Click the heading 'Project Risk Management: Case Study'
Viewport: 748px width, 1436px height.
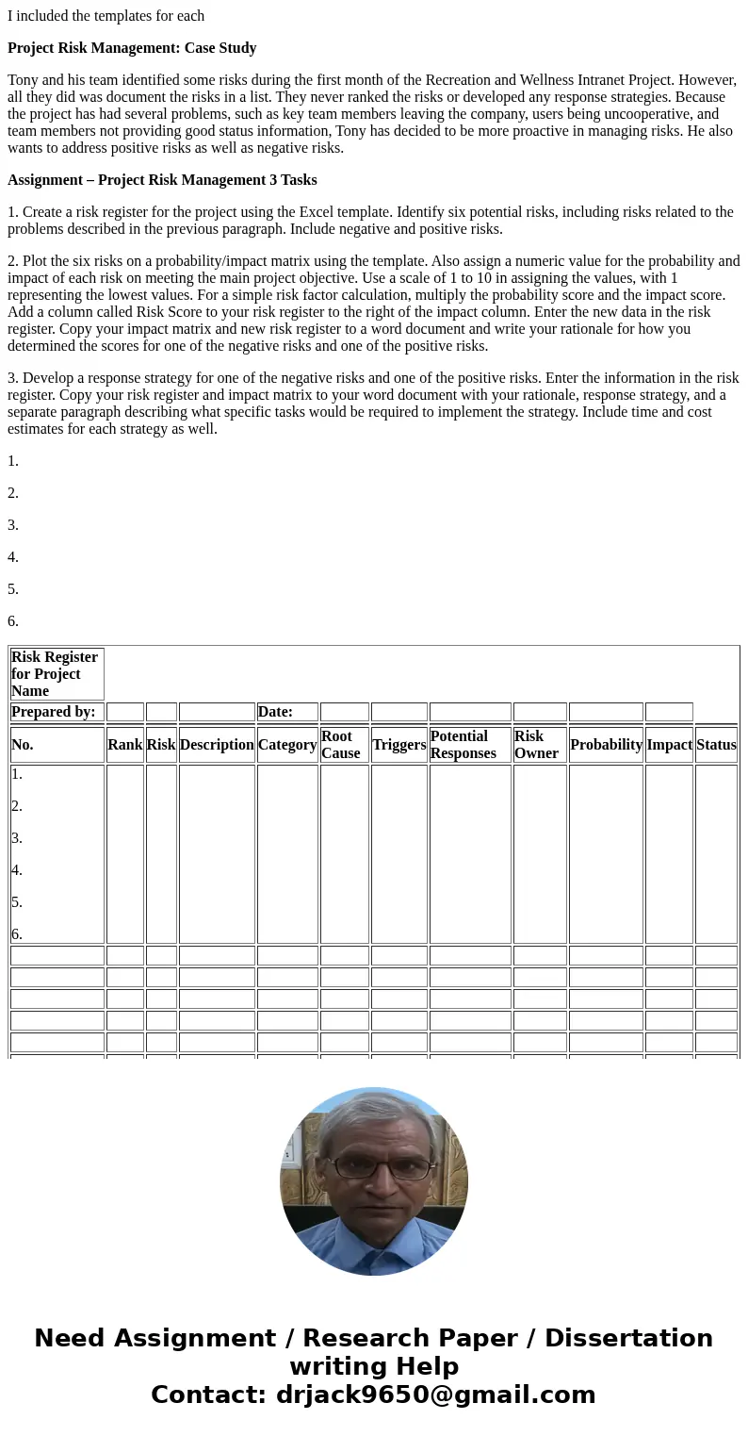[x=132, y=48]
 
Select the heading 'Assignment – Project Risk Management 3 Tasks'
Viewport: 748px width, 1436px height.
[x=162, y=180]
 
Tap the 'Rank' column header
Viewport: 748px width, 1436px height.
[x=124, y=745]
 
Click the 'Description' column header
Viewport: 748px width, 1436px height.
[x=217, y=745]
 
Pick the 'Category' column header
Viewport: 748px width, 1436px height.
[x=287, y=745]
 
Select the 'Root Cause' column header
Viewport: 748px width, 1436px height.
[x=344, y=745]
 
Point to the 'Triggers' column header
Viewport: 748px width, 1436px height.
[x=398, y=745]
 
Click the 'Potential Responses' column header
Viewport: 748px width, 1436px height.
[x=469, y=745]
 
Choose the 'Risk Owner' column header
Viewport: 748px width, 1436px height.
[x=539, y=745]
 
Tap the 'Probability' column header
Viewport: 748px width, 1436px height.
[x=606, y=745]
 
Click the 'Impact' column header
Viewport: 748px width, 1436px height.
[x=669, y=745]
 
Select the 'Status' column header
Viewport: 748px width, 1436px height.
[x=716, y=745]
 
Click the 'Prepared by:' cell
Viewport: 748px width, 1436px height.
[x=54, y=712]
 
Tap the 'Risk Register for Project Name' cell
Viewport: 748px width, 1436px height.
[x=56, y=674]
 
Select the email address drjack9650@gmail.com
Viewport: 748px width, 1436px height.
[x=435, y=1395]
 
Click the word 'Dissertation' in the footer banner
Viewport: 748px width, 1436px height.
[x=628, y=1339]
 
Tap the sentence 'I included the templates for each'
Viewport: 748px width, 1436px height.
[x=106, y=16]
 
